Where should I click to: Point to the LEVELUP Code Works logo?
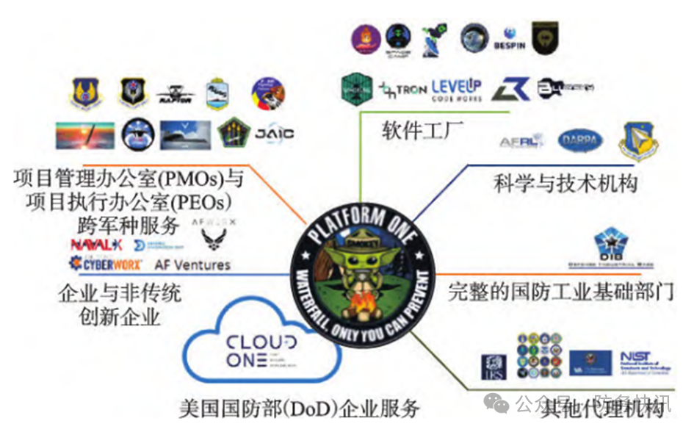(x=460, y=90)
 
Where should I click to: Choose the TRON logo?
(x=404, y=90)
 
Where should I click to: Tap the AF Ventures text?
(x=192, y=264)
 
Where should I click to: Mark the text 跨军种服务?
(x=121, y=222)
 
